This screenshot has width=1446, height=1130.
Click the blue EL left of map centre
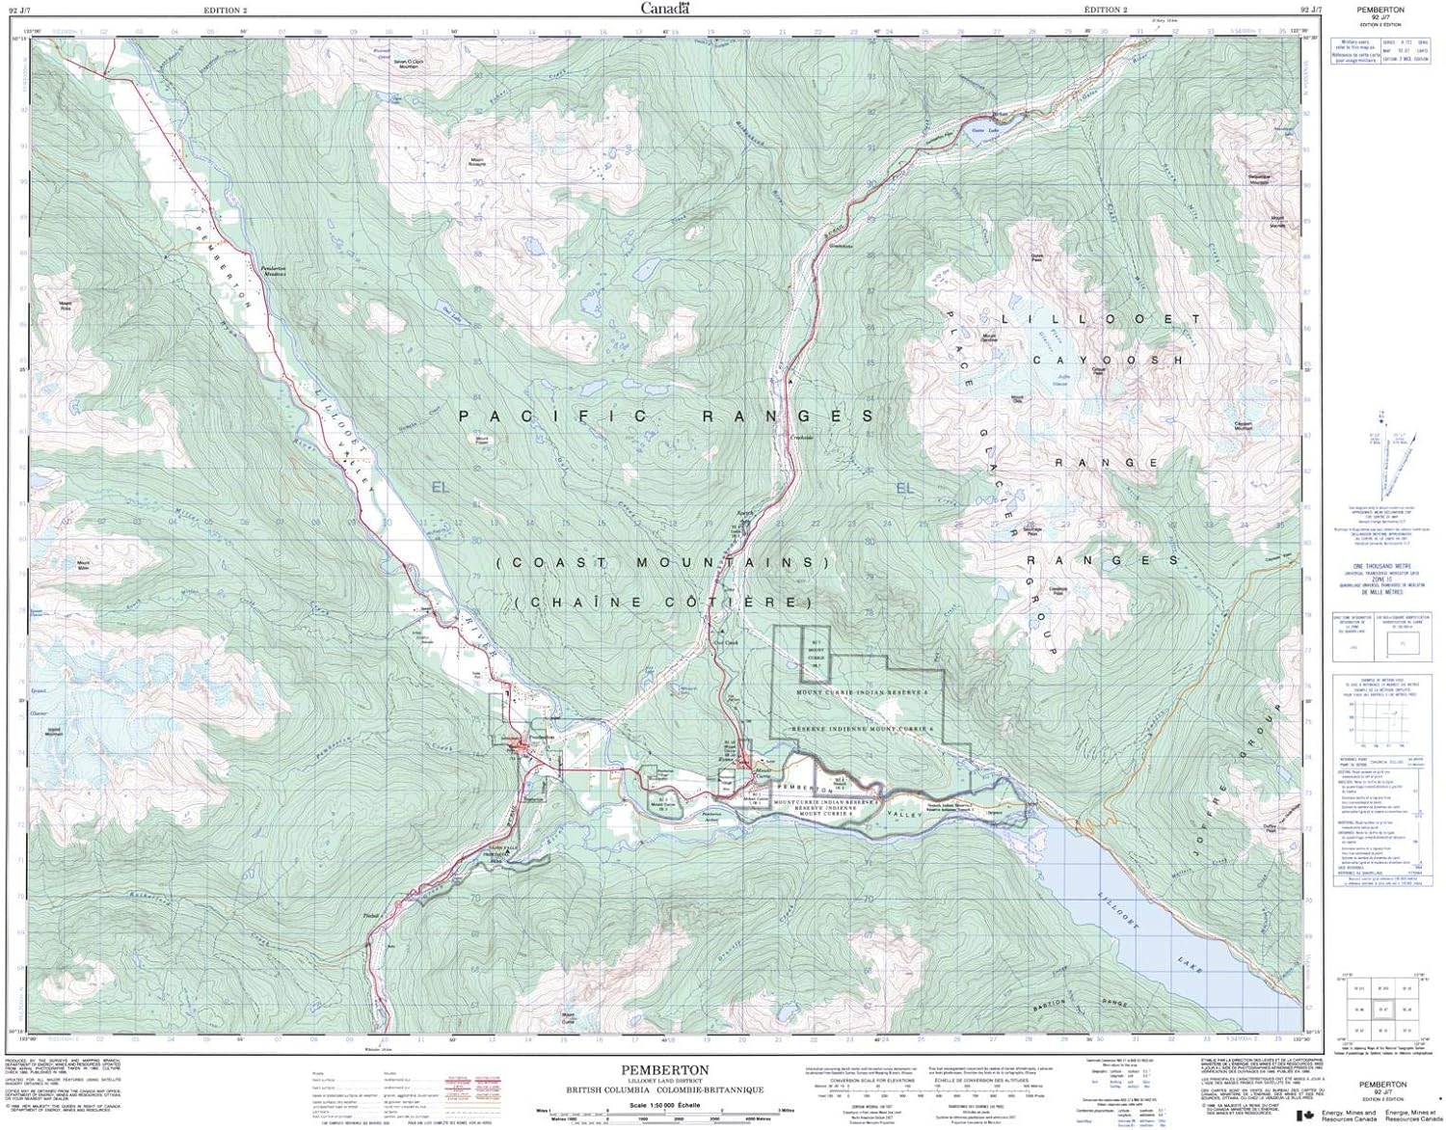point(442,487)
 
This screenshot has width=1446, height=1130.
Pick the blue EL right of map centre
point(904,489)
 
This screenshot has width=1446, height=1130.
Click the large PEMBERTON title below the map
point(665,1070)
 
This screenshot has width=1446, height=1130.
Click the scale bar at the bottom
point(665,1117)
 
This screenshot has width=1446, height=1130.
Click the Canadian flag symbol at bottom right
point(1307,1116)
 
